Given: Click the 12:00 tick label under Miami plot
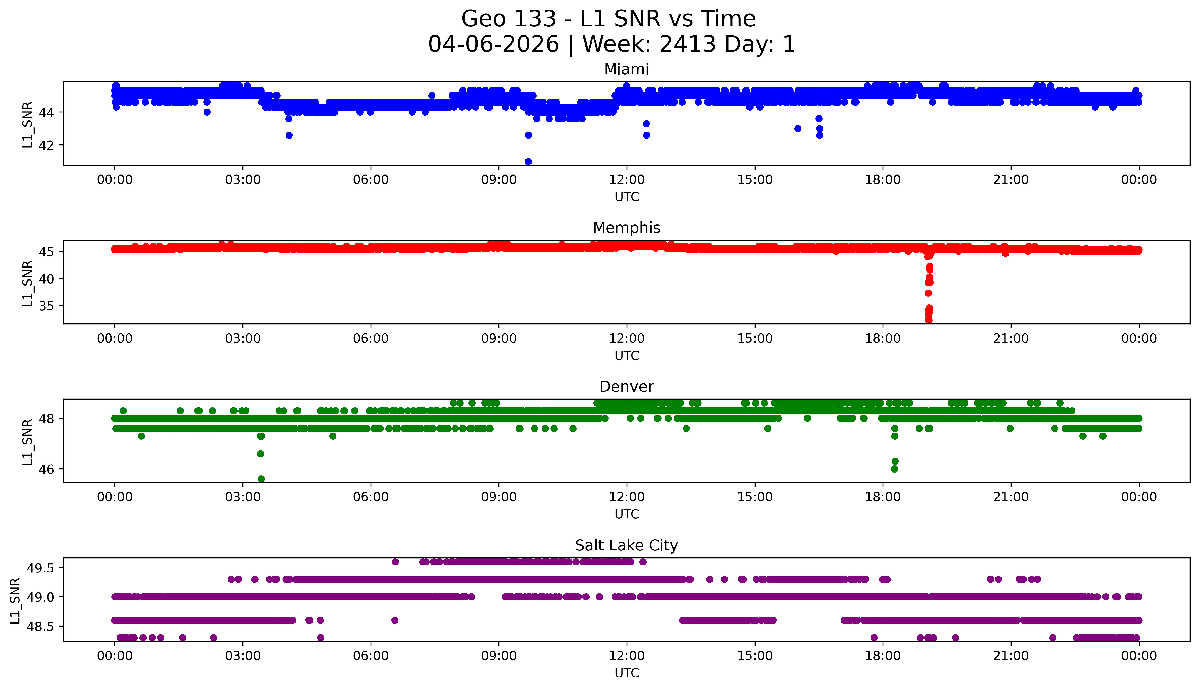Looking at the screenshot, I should click(627, 180).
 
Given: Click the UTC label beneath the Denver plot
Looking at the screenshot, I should click(627, 514).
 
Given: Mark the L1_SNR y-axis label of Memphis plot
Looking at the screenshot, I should click(27, 283).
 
